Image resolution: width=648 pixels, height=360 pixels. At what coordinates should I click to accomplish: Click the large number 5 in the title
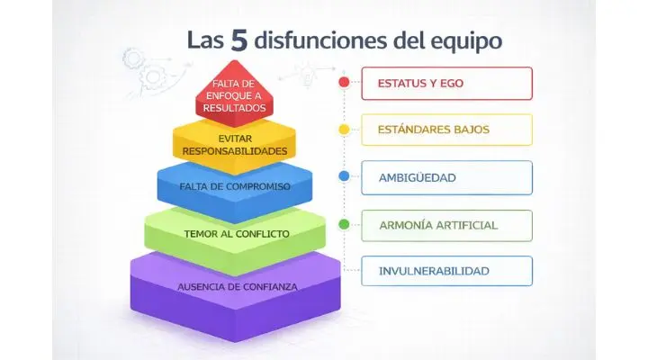coord(239,40)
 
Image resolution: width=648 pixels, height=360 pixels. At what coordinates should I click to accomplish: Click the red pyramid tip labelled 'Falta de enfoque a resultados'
coord(234,94)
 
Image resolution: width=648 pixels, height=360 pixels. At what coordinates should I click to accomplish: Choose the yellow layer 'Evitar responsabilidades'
coord(234,145)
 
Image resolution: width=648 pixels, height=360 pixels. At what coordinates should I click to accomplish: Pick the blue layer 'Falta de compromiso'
coord(234,186)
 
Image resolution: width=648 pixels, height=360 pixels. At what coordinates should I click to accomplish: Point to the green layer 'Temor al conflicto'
coord(235,233)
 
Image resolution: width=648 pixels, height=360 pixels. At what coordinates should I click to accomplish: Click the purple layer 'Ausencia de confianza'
coord(236,286)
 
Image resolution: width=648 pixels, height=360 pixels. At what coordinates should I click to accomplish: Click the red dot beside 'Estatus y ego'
coord(344,84)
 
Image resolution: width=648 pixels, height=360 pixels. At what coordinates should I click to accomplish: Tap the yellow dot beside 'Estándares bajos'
coord(344,130)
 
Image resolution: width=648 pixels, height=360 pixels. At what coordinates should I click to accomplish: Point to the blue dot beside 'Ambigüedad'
coord(344,176)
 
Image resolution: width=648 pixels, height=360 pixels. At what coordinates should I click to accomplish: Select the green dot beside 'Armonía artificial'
coord(344,223)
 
